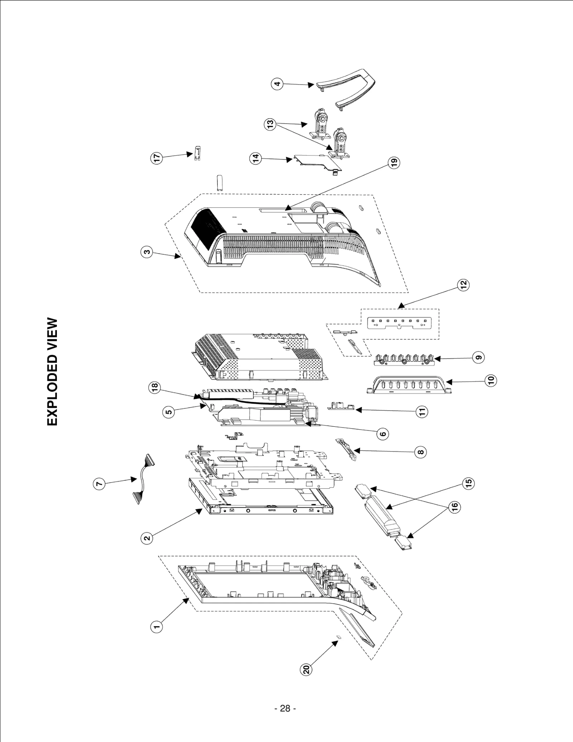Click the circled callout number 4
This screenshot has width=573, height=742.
(x=277, y=85)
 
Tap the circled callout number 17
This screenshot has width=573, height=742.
(x=156, y=158)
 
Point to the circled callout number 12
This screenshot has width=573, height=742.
(x=463, y=285)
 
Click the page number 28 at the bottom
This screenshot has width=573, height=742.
(x=285, y=708)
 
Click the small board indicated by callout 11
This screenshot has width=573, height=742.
(x=341, y=407)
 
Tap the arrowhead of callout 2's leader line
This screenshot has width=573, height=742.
(x=199, y=512)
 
